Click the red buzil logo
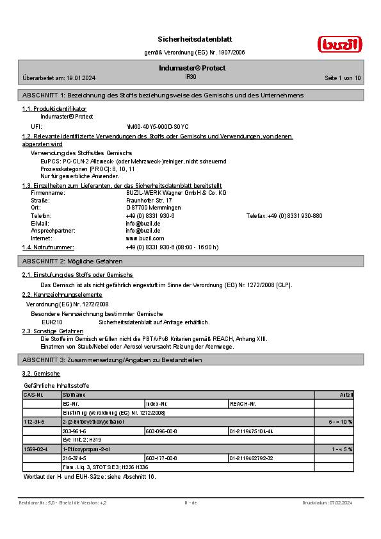340,44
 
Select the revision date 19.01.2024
80,78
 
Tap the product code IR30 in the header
190,76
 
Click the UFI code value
157,127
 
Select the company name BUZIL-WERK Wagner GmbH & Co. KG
176,192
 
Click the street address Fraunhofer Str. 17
149,200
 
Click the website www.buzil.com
145,238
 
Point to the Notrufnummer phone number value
172,247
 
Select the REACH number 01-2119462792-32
251,458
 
